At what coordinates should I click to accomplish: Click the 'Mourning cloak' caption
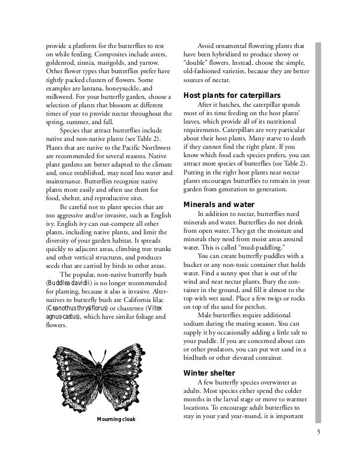pos(116,420)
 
